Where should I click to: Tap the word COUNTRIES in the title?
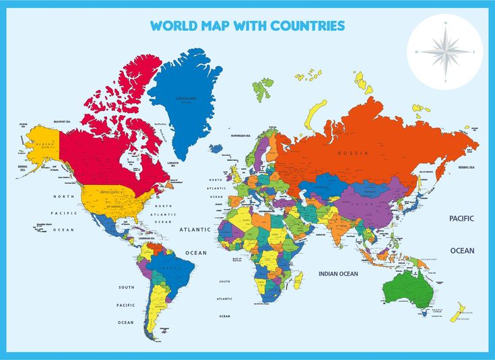(310, 26)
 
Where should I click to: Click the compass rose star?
(444, 52)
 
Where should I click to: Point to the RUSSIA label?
(353, 153)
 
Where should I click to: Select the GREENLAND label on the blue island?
(185, 98)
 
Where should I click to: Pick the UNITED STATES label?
(113, 192)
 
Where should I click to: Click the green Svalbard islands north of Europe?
(263, 87)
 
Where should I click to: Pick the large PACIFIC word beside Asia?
(462, 219)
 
